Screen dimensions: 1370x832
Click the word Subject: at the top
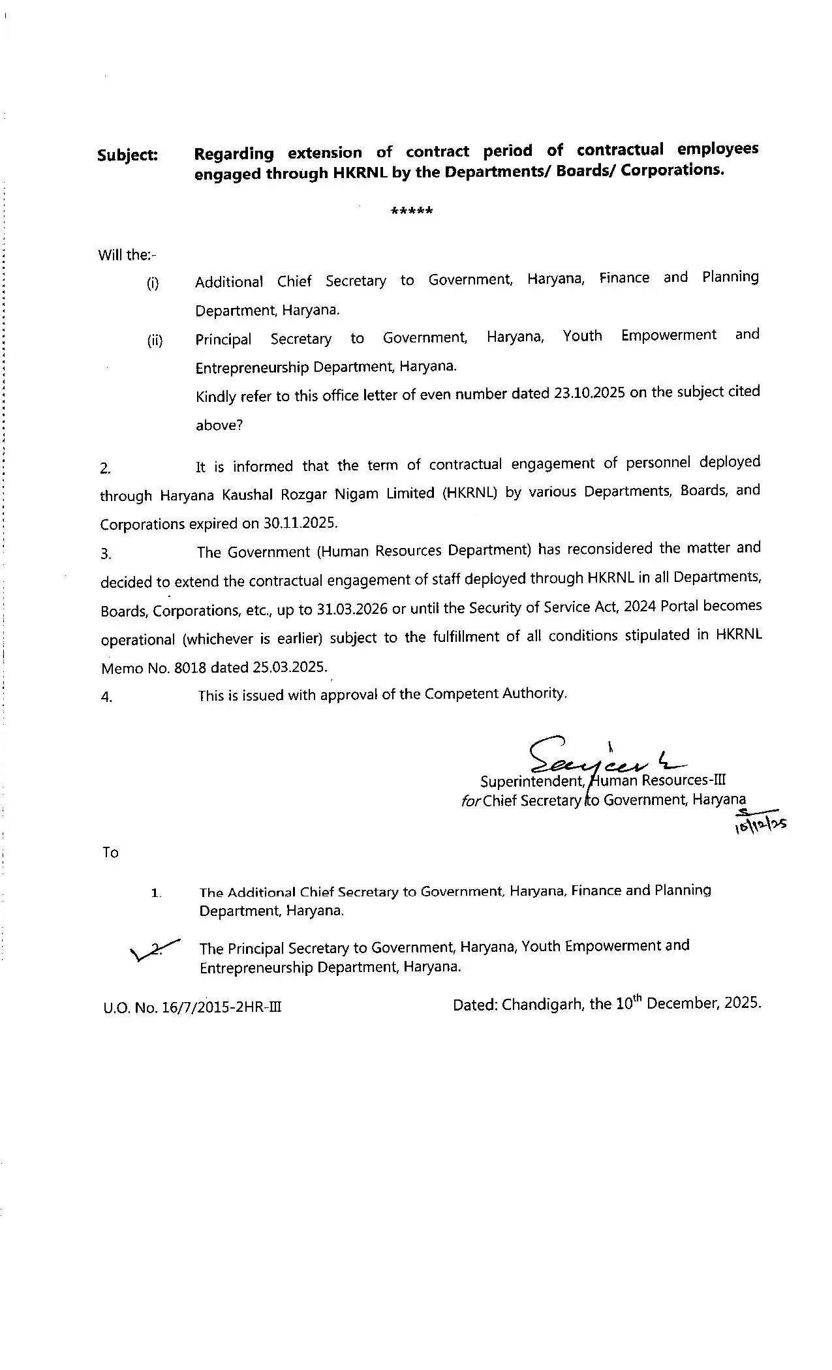click(x=127, y=155)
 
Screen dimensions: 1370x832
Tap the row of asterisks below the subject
click(x=411, y=211)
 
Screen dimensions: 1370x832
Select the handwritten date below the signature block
click(x=760, y=823)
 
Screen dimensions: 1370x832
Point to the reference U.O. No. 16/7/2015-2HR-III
click(x=193, y=1007)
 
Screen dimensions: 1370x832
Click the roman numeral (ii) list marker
click(x=155, y=340)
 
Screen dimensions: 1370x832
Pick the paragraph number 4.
click(x=106, y=697)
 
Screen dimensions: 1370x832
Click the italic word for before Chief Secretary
click(x=470, y=800)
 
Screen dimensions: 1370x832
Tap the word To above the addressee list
click(x=110, y=853)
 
